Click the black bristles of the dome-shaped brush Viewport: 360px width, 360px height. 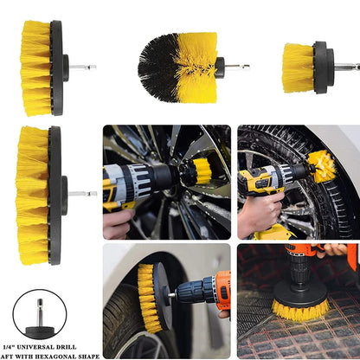(x=157, y=67)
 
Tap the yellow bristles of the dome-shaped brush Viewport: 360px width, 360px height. (x=197, y=67)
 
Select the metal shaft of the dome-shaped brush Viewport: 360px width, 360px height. (x=237, y=67)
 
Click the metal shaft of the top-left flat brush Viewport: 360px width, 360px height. (x=83, y=67)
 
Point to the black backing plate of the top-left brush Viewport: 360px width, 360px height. (x=57, y=68)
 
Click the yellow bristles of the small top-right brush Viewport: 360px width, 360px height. (x=298, y=68)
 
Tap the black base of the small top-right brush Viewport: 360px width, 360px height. (x=323, y=67)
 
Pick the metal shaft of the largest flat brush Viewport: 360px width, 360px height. (x=82, y=194)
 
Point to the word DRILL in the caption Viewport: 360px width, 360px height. (x=67, y=347)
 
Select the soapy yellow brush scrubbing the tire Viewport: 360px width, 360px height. (x=322, y=166)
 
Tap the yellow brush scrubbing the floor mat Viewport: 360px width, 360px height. (x=300, y=310)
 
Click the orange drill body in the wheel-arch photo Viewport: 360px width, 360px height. (x=222, y=290)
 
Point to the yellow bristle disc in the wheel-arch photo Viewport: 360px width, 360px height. (x=148, y=297)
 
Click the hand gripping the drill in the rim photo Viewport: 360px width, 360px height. (x=119, y=223)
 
